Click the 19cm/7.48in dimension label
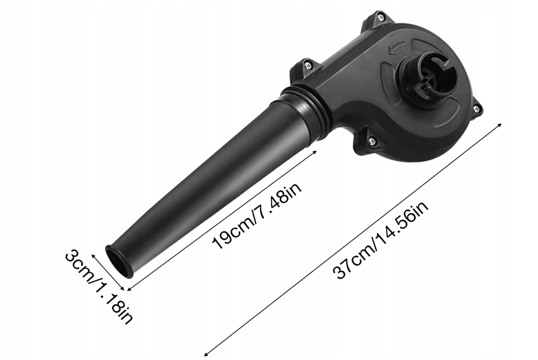pyautogui.click(x=257, y=215)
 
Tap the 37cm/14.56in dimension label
pyautogui.click(x=381, y=240)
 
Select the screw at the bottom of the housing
pyautogui.click(x=371, y=141)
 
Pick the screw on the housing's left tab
pyautogui.click(x=308, y=65)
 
